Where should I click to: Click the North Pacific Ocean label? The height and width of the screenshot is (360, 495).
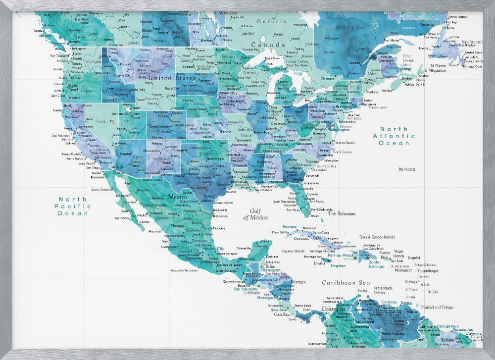[x=72, y=206]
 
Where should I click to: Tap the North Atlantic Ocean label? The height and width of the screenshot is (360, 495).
[x=394, y=136]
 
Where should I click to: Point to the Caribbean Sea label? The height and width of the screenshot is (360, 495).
[x=346, y=283]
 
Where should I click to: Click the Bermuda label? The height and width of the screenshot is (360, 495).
[x=407, y=169]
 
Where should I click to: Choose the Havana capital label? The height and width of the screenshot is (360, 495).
[x=289, y=226]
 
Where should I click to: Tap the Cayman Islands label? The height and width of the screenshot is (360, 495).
[x=293, y=251]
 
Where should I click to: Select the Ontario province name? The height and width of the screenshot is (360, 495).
[x=271, y=22]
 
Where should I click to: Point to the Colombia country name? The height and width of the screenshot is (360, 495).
[x=334, y=309]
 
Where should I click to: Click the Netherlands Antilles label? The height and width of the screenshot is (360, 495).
[x=382, y=290]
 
